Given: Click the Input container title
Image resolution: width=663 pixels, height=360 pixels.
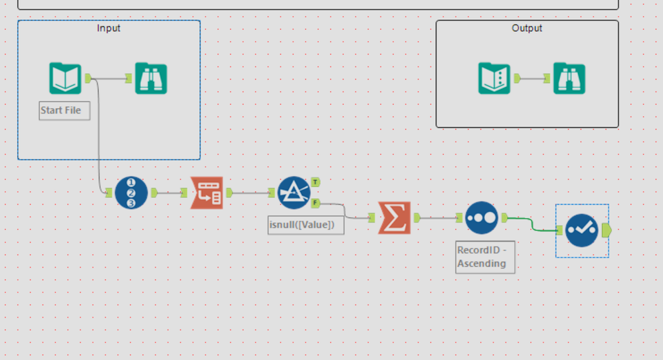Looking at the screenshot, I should pyautogui.click(x=109, y=28).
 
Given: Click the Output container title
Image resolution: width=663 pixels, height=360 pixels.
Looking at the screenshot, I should pyautogui.click(x=527, y=28).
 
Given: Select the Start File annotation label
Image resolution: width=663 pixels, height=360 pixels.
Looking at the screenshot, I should pyautogui.click(x=64, y=110).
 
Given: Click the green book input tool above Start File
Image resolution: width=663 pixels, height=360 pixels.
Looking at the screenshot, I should pyautogui.click(x=65, y=78).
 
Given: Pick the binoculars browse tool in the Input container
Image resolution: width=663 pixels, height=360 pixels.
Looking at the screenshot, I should pyautogui.click(x=151, y=78).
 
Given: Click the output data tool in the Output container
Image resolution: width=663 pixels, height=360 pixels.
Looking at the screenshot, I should pyautogui.click(x=494, y=78).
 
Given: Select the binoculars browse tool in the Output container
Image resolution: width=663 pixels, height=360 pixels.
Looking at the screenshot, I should pyautogui.click(x=569, y=78).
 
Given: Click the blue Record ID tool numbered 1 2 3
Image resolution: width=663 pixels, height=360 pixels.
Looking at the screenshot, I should pyautogui.click(x=131, y=193).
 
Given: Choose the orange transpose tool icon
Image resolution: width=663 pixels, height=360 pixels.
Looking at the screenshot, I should pyautogui.click(x=207, y=193).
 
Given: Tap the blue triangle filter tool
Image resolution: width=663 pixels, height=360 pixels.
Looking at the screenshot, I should pyautogui.click(x=294, y=193).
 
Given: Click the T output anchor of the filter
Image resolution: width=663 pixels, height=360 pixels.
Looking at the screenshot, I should pyautogui.click(x=315, y=181).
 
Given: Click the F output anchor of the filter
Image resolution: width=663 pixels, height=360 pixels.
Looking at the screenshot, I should pyautogui.click(x=315, y=203).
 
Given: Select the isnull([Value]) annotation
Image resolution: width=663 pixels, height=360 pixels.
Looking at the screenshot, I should pyautogui.click(x=306, y=225).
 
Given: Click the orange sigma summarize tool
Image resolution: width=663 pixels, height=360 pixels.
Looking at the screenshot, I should pyautogui.click(x=395, y=217).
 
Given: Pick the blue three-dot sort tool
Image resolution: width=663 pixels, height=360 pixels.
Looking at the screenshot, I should pyautogui.click(x=482, y=217).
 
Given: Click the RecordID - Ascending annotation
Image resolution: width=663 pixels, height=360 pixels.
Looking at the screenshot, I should pyautogui.click(x=484, y=257).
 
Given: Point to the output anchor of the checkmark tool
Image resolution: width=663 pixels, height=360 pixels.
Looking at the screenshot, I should pyautogui.click(x=605, y=230).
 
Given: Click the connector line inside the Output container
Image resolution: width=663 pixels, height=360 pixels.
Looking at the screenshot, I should pyautogui.click(x=532, y=78).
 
